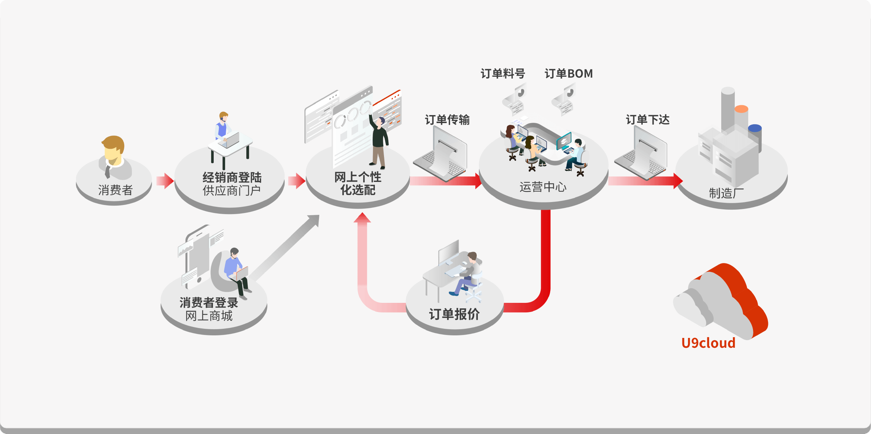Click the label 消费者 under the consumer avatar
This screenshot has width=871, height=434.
pyautogui.click(x=115, y=190)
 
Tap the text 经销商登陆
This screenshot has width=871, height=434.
pyautogui.click(x=232, y=178)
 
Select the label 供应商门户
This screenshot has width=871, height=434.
pyautogui.click(x=232, y=190)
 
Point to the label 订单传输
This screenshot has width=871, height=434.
pyautogui.click(x=447, y=120)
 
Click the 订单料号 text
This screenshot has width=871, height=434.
pyautogui.click(x=503, y=74)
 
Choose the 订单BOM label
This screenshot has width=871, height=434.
pyautogui.click(x=568, y=74)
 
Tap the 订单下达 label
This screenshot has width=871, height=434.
pyautogui.click(x=647, y=120)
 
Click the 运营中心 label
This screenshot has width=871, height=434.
pyautogui.click(x=543, y=187)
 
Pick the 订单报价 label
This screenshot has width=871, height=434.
pyautogui.click(x=454, y=314)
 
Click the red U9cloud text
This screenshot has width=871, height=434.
pyautogui.click(x=708, y=343)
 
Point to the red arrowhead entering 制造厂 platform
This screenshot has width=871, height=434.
pyautogui.click(x=678, y=181)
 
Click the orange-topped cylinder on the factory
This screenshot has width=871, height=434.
pyautogui.click(x=741, y=109)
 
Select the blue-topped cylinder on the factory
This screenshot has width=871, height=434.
pyautogui.click(x=755, y=128)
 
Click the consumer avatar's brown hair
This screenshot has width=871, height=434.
pyautogui.click(x=113, y=142)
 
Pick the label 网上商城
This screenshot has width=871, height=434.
pyautogui.click(x=209, y=316)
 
